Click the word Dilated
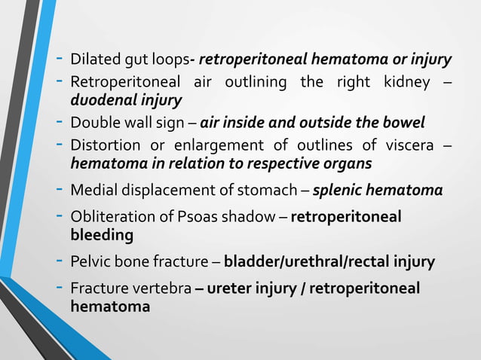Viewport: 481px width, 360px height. (x=90, y=59)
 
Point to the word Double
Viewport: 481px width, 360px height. (x=91, y=122)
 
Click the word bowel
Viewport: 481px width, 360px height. (x=404, y=122)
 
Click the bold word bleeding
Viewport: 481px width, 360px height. (x=102, y=236)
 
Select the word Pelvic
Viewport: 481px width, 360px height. (x=88, y=262)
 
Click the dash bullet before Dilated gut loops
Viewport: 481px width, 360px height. (x=60, y=59)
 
